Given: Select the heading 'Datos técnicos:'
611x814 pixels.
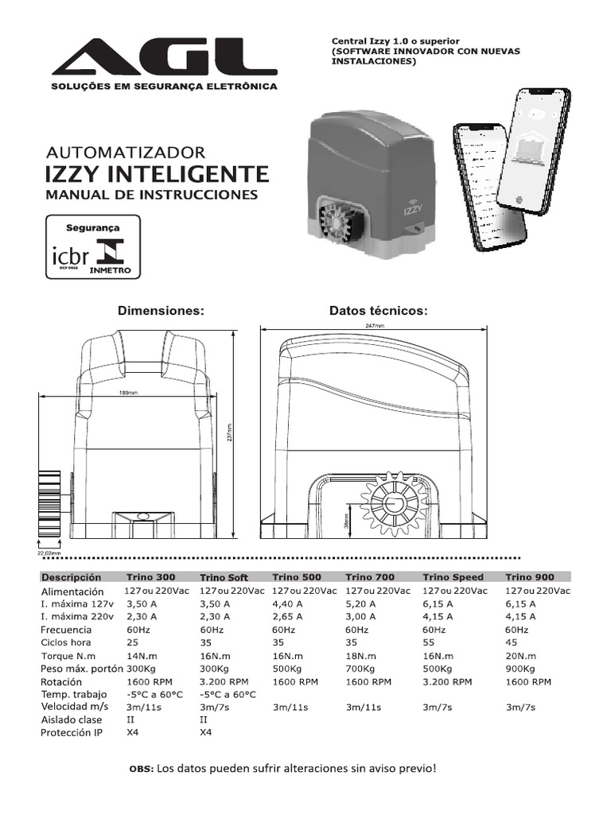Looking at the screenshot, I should click(379, 311).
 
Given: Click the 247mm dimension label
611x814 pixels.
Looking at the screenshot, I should click(374, 326).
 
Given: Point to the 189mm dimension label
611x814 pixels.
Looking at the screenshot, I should click(127, 393).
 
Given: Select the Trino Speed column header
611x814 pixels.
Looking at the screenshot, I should click(453, 577).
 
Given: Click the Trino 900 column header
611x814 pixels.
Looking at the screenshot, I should click(528, 577).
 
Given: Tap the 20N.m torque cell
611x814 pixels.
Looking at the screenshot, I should click(520, 656).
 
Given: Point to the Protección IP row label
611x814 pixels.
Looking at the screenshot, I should click(72, 732).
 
